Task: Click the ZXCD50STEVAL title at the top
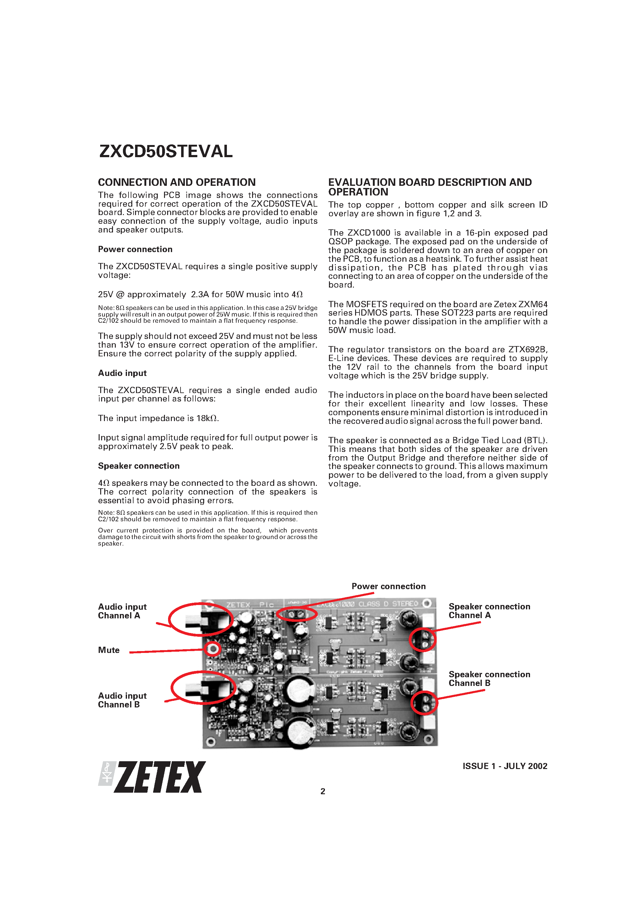[166, 151]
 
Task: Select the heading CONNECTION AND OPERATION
[177, 182]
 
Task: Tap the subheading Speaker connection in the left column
[139, 466]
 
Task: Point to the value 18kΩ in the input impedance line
[207, 418]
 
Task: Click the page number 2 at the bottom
[323, 791]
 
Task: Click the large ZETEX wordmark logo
[161, 777]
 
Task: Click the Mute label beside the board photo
[109, 650]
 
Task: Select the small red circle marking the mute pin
[213, 649]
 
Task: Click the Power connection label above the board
[388, 586]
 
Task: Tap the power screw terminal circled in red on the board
[297, 614]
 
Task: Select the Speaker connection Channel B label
[489, 678]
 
